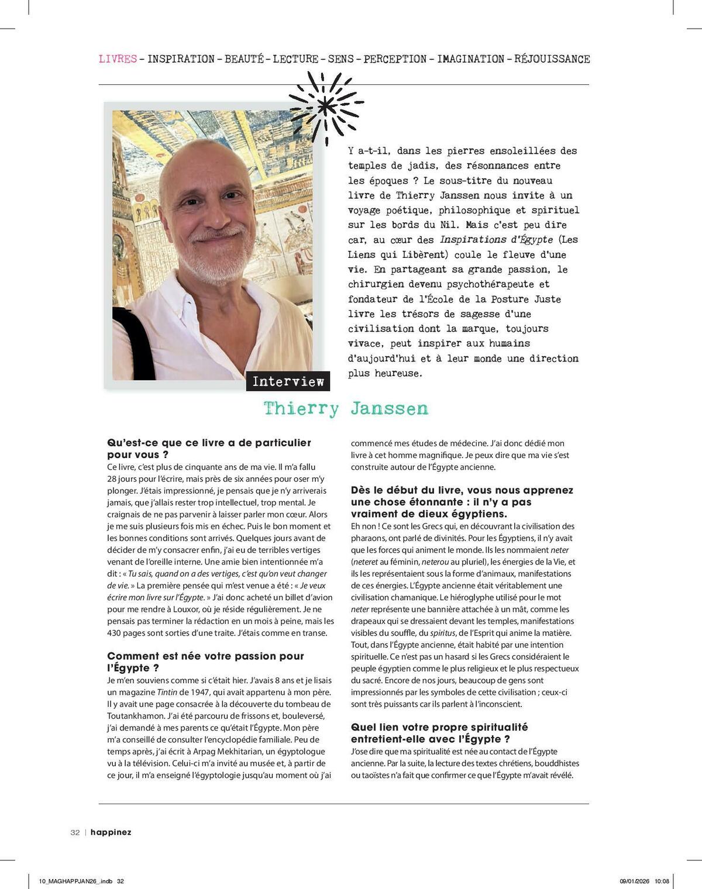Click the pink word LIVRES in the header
click(118, 59)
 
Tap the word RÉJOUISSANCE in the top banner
click(552, 59)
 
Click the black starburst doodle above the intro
click(325, 105)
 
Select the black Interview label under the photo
click(288, 382)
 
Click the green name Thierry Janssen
click(346, 408)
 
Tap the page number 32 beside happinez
click(75, 832)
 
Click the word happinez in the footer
click(111, 832)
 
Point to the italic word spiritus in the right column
click(442, 633)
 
